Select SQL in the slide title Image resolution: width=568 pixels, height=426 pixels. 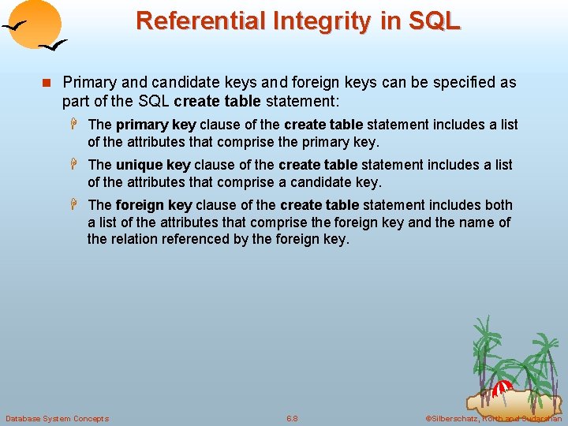coord(432,20)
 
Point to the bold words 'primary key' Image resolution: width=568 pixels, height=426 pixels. coord(156,125)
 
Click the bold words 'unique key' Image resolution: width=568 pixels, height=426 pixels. coord(153,165)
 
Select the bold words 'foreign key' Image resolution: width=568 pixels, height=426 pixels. coord(154,205)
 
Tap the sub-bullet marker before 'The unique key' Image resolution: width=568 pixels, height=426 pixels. coord(77,165)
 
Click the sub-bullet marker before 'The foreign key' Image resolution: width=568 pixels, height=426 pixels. coord(77,205)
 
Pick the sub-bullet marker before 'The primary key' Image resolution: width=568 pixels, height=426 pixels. coord(77,125)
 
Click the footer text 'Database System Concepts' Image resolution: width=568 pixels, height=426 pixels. coord(57,418)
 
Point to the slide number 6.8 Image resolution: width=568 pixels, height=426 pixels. coord(292,418)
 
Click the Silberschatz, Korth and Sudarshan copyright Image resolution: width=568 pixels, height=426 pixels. coord(493,418)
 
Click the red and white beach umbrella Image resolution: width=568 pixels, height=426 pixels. coord(503,387)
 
